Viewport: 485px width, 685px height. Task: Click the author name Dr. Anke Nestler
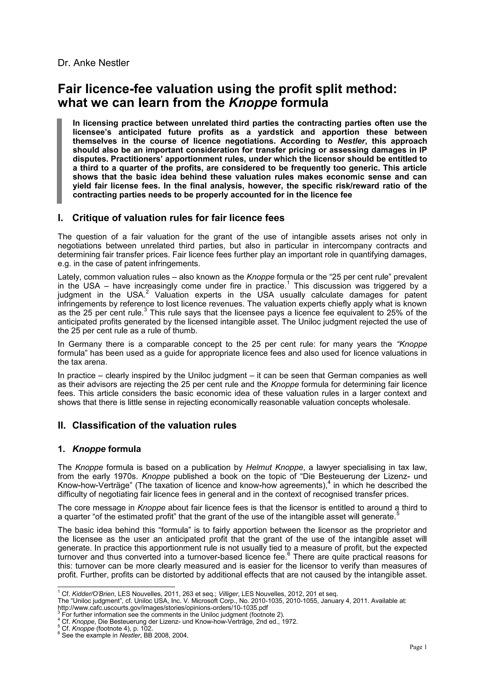click(x=94, y=63)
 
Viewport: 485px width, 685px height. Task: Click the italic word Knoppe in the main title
click(x=253, y=103)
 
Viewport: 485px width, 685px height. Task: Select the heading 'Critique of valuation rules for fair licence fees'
click(x=178, y=218)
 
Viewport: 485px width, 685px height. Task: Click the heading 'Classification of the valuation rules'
click(x=154, y=425)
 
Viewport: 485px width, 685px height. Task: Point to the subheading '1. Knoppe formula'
click(x=99, y=449)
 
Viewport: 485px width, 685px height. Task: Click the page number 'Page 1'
click(x=418, y=653)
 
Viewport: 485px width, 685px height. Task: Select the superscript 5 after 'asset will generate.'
click(x=398, y=513)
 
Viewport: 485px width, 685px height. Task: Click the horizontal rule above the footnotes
click(x=116, y=587)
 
